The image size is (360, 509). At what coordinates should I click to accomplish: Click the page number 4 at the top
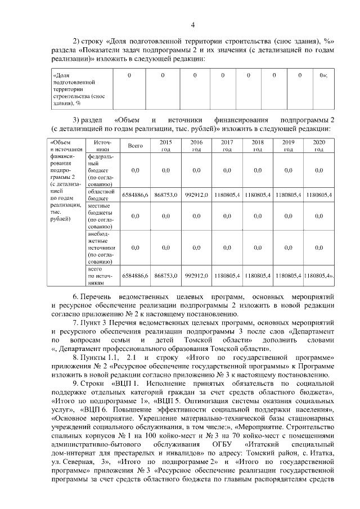(x=193, y=24)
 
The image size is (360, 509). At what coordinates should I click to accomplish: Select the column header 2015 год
(x=166, y=146)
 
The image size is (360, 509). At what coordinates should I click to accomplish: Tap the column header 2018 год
(x=258, y=146)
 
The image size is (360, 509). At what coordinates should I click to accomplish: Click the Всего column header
(x=135, y=146)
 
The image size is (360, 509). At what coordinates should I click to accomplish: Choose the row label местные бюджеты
(x=101, y=216)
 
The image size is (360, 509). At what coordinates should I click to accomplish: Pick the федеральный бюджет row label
(x=101, y=170)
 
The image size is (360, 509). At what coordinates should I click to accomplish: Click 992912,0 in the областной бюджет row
(x=196, y=195)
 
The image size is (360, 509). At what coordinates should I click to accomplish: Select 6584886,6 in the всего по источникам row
(x=135, y=276)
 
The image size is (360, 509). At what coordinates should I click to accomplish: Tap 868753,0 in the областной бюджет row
(x=166, y=195)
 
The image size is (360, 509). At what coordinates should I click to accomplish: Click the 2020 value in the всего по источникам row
(x=318, y=276)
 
